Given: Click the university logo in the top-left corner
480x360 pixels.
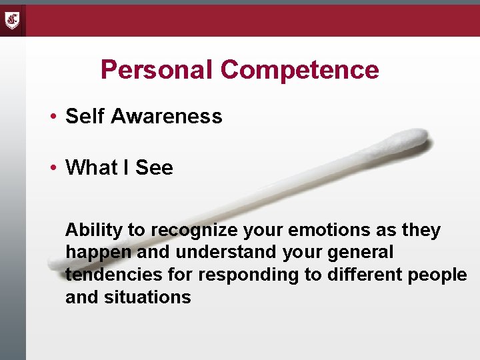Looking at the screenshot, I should (x=13, y=20).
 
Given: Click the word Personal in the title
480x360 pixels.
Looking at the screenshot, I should (x=157, y=70).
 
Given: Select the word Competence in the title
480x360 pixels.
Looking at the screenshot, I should (x=300, y=70).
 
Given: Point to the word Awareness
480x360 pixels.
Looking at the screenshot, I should (x=167, y=117).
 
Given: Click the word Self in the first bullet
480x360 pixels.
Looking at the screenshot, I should (x=85, y=117).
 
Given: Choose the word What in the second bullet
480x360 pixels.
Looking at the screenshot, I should (x=91, y=168).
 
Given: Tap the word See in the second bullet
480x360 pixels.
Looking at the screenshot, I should (x=154, y=168).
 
